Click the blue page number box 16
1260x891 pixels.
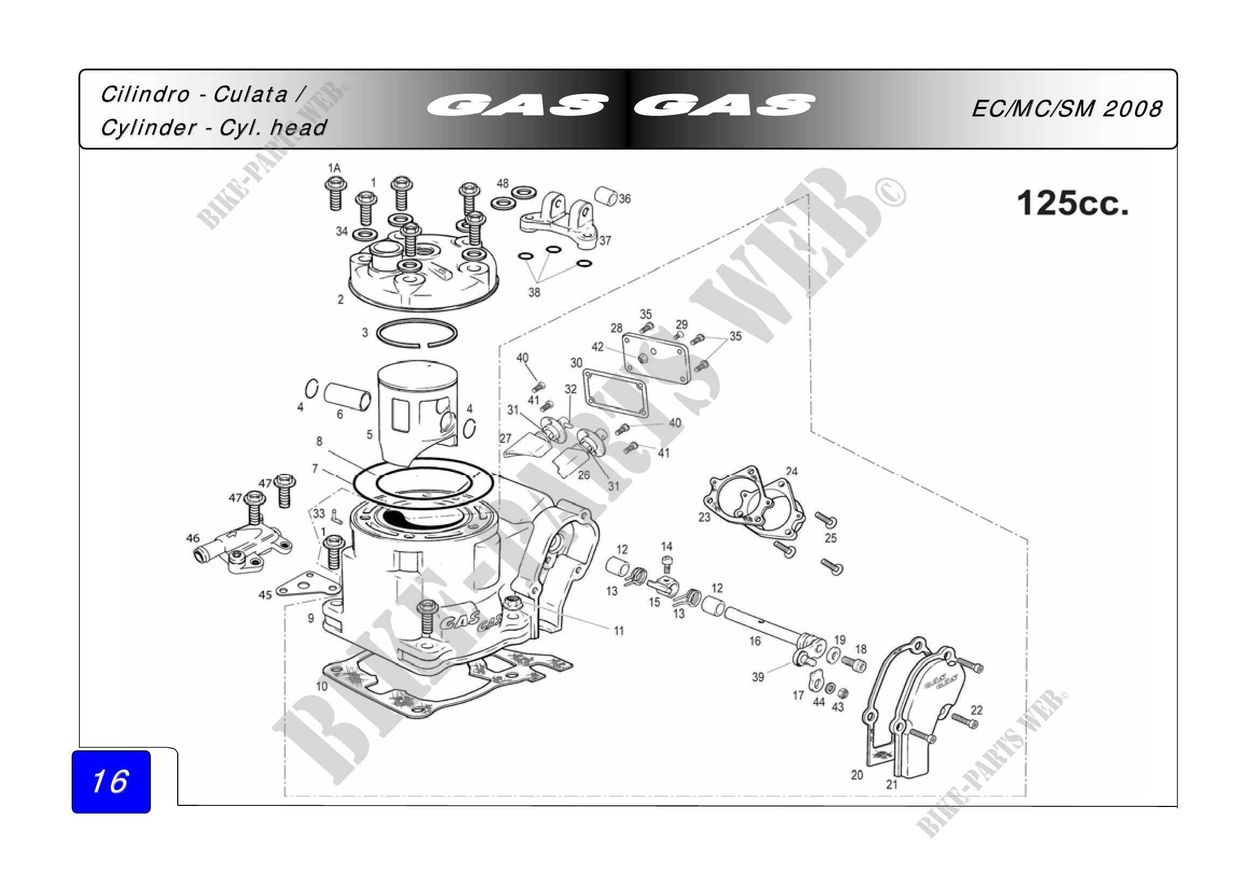pyautogui.click(x=111, y=781)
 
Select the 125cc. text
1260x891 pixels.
pyautogui.click(x=1073, y=204)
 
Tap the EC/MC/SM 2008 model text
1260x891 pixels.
pyautogui.click(x=1067, y=109)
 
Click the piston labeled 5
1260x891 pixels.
pyautogui.click(x=417, y=412)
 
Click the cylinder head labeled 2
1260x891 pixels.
pyautogui.click(x=422, y=273)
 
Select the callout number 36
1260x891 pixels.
pyautogui.click(x=625, y=199)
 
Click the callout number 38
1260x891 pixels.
pyautogui.click(x=534, y=293)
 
